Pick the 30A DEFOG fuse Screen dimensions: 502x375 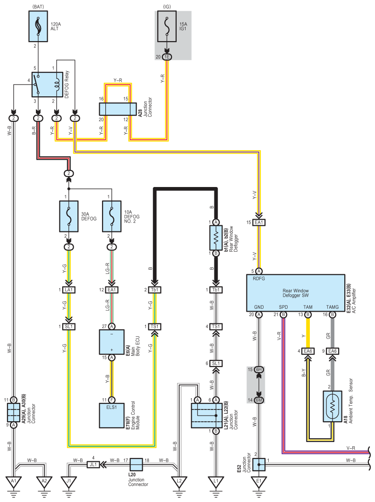(69, 217)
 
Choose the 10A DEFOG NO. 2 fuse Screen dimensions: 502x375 (111, 217)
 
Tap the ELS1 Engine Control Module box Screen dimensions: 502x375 (112, 415)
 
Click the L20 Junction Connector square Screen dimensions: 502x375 (136, 464)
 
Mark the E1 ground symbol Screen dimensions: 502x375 (258, 482)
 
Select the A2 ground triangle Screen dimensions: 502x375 (44, 482)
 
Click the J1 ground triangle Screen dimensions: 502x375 (69, 482)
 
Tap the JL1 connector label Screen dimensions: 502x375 (94, 464)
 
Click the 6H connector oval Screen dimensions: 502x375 (258, 370)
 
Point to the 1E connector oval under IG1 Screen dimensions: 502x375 (168, 57)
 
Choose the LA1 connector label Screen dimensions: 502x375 (69, 289)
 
